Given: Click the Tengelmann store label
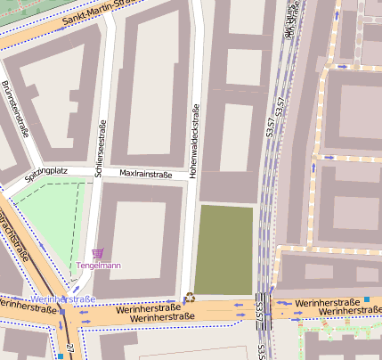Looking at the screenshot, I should click(x=99, y=265).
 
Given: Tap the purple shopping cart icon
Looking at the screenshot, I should click(x=97, y=253).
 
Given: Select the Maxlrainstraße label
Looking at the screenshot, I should click(x=145, y=175).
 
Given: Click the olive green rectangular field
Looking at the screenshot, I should click(x=224, y=249).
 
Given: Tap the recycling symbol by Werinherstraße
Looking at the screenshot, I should click(x=189, y=299).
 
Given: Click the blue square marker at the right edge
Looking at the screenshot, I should click(x=366, y=299).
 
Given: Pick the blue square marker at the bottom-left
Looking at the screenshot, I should click(x=60, y=356).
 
